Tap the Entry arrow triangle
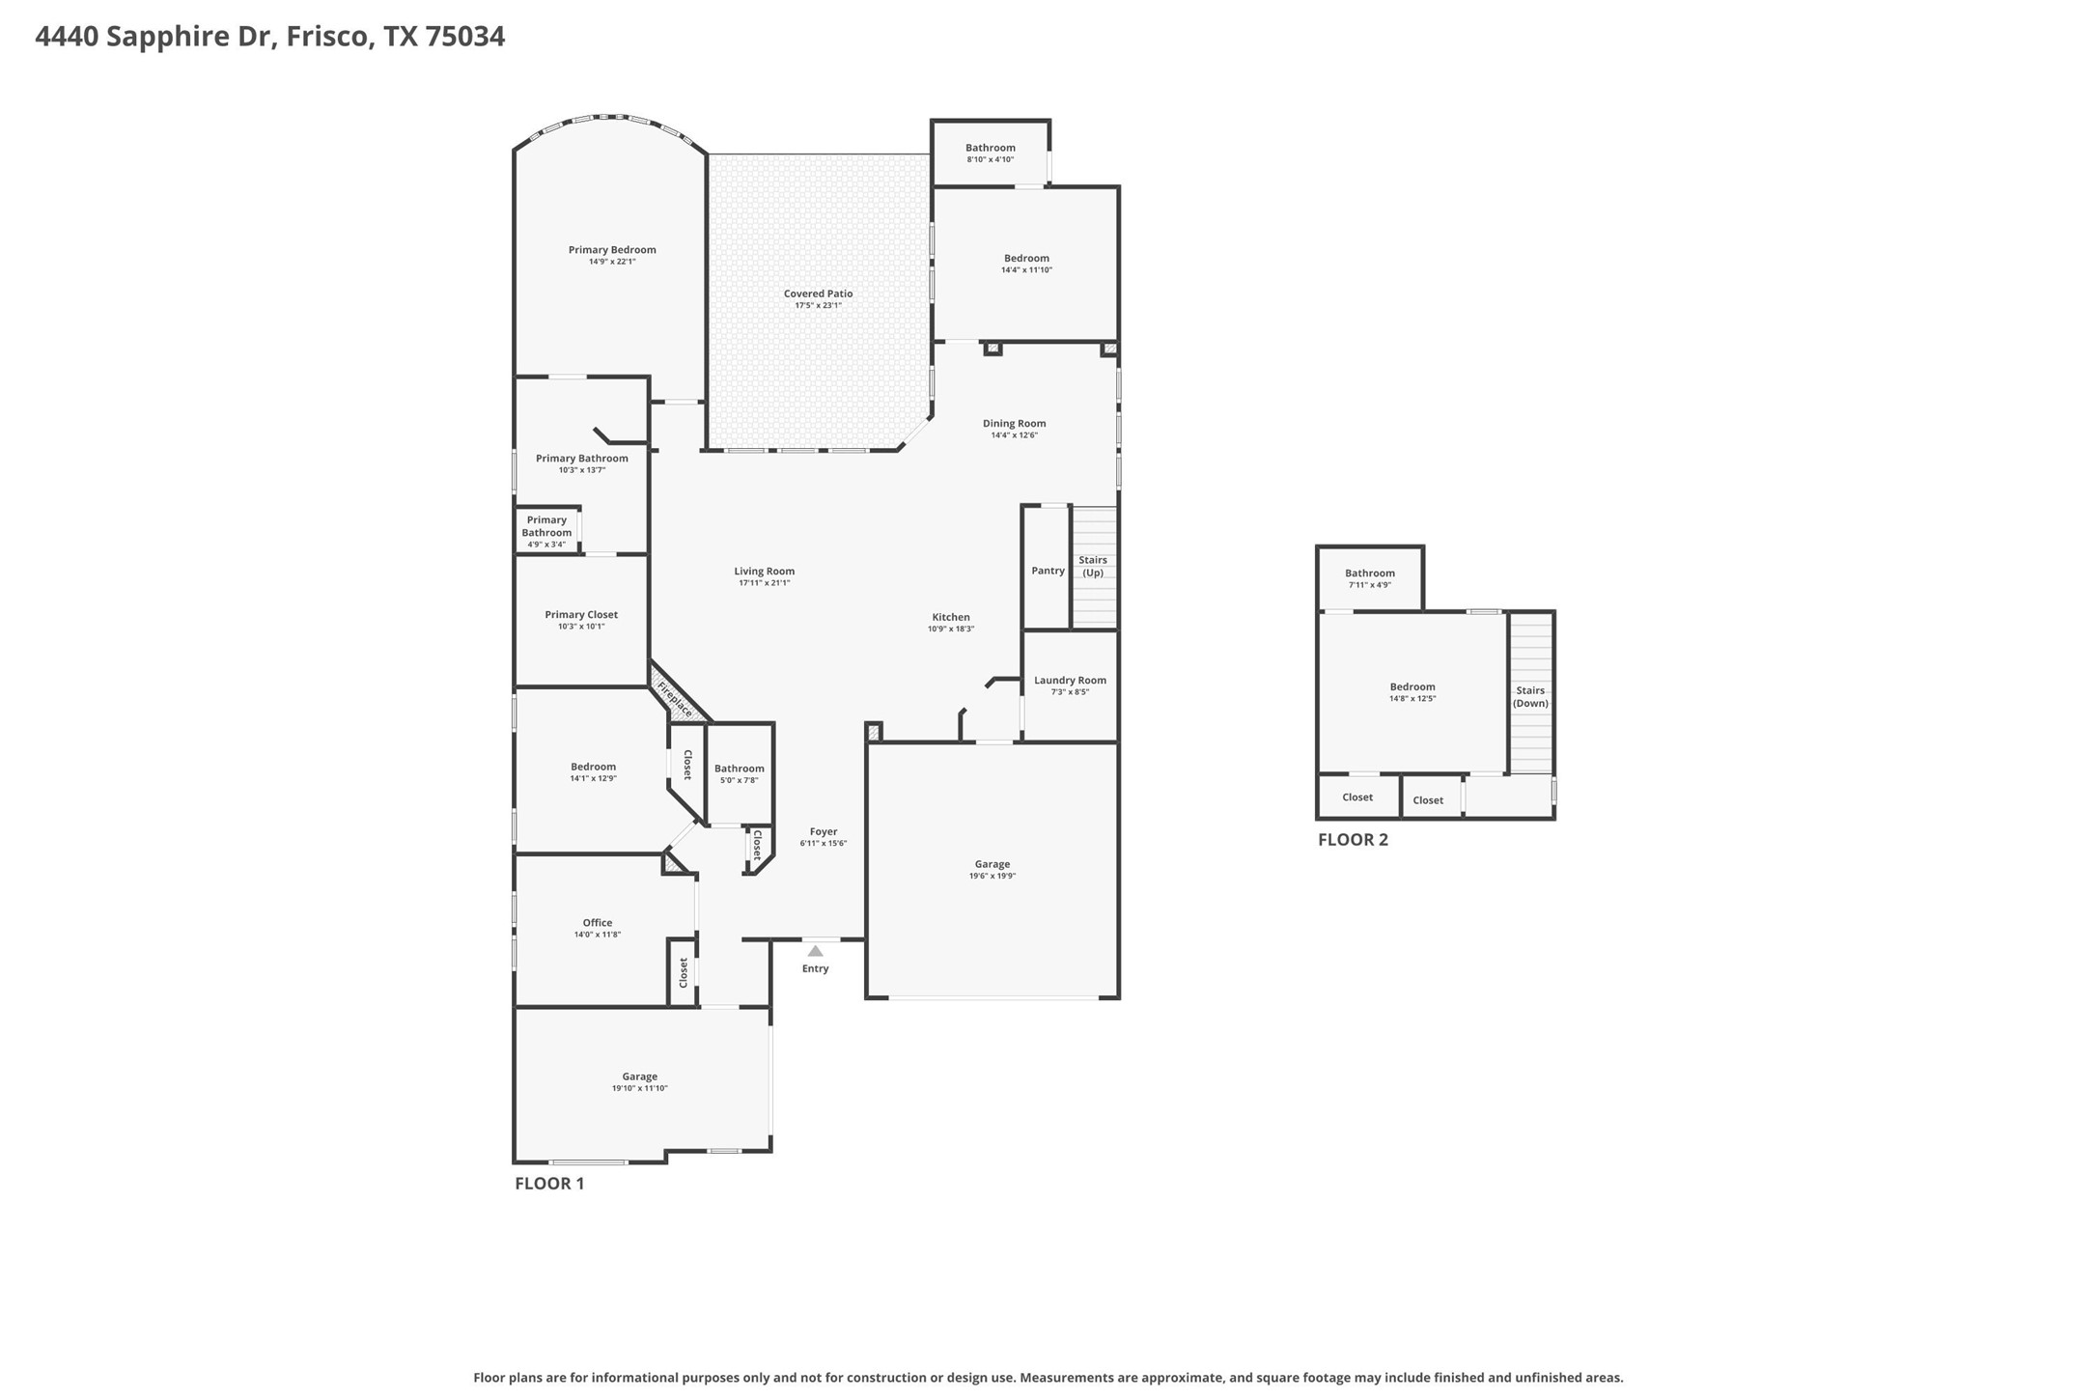pos(815,951)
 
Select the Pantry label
pos(1048,571)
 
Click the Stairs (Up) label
pos(1093,566)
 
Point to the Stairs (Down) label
pos(1530,696)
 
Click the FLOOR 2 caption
pos(1353,839)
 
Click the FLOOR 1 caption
pos(549,1183)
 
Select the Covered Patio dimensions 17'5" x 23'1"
pos(818,305)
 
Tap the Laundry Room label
pos(1070,680)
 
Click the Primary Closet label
pos(581,614)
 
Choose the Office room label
pos(597,922)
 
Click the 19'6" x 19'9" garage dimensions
pos(993,876)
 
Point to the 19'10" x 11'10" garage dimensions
pos(639,1088)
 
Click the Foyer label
pos(824,831)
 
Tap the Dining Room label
pos(1014,423)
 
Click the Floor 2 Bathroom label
pos(1370,573)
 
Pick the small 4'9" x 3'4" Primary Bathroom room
pos(546,532)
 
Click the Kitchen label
pos(951,617)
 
